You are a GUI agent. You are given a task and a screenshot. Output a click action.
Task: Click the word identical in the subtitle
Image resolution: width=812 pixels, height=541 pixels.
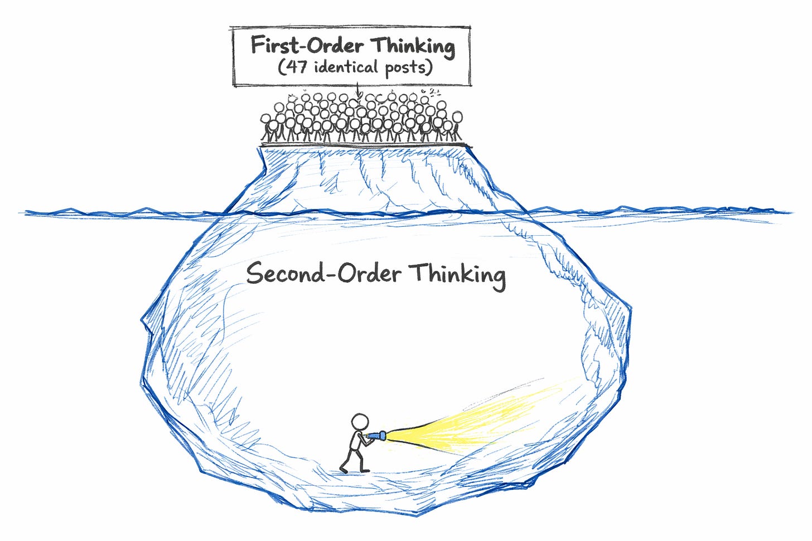(346, 67)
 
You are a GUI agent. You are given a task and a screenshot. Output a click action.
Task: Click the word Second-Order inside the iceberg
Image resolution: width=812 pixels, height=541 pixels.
(323, 274)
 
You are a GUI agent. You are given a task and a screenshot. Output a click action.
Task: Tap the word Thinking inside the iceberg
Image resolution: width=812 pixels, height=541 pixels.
(457, 275)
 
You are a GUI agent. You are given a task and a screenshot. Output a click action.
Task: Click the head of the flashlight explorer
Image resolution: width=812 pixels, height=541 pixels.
(360, 421)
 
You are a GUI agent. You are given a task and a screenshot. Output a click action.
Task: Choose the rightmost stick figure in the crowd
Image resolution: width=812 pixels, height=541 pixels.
(457, 125)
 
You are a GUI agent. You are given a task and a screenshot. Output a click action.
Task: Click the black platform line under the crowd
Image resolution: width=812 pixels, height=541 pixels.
(365, 144)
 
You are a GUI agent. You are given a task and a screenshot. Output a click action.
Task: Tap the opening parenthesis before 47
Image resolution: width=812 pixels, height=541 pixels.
(282, 68)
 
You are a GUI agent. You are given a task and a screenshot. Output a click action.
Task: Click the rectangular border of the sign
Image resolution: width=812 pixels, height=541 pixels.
(233, 56)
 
